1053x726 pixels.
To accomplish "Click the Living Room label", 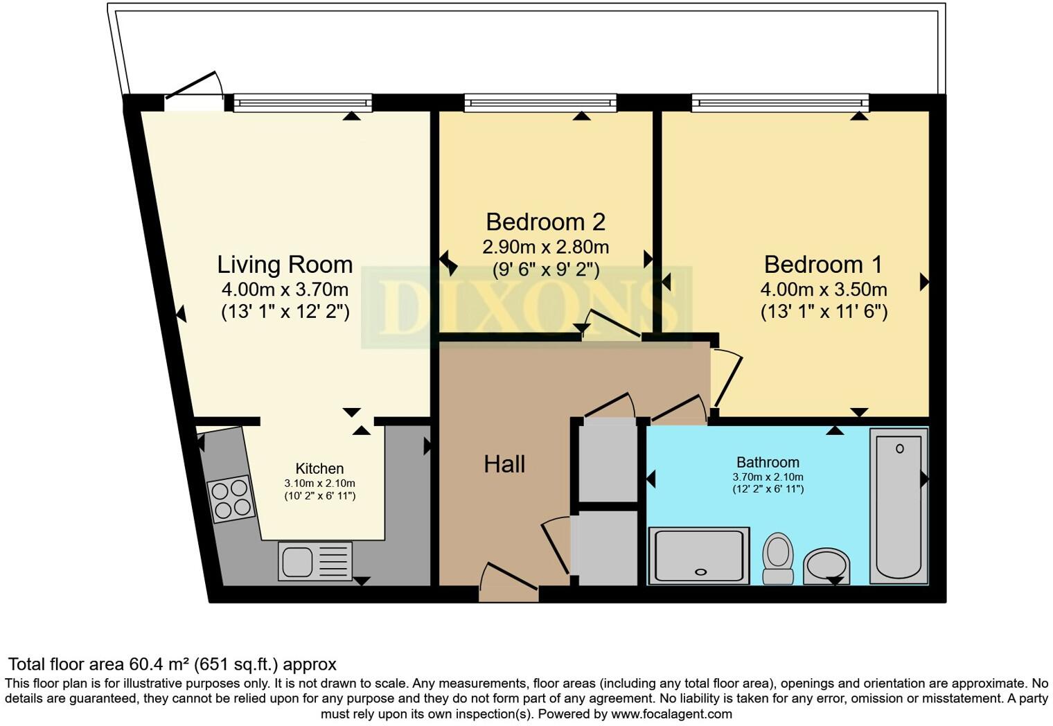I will click(285, 265).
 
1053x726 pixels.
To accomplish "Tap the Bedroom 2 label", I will click(545, 222).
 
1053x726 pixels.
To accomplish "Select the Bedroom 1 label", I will click(823, 265).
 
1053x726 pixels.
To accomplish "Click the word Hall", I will click(504, 464).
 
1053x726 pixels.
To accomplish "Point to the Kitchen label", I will click(319, 468).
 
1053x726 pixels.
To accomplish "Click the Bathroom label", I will click(768, 462).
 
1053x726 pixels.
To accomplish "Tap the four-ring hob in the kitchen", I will click(231, 499).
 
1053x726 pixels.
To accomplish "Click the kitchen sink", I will click(315, 560).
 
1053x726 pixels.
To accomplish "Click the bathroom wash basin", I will click(826, 565).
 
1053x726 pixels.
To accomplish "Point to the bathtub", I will click(899, 506).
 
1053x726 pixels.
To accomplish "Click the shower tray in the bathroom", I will click(699, 555).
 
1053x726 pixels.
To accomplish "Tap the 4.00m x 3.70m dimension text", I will click(285, 290).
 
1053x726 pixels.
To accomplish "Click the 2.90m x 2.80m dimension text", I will click(545, 247).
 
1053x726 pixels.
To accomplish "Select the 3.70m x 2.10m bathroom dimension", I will click(768, 477).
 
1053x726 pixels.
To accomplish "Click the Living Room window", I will click(302, 103).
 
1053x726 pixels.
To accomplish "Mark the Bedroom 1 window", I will click(780, 103).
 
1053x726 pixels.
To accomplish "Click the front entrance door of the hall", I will click(508, 585).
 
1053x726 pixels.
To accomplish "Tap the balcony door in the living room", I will click(195, 97).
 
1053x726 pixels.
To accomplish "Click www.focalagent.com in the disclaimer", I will click(671, 714).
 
